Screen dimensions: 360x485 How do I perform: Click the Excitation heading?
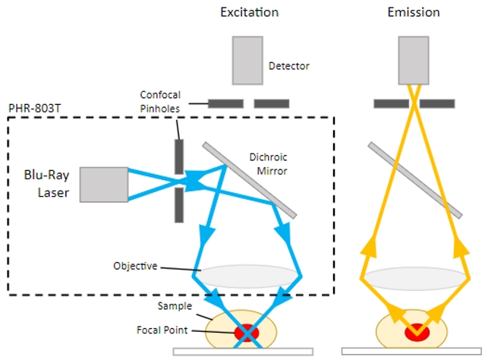tap(249, 12)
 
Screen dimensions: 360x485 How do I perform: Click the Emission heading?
tap(413, 12)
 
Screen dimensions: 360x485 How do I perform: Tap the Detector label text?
tap(289, 66)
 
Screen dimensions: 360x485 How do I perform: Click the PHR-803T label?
tap(33, 109)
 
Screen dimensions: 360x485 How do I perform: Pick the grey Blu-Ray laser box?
tap(103, 185)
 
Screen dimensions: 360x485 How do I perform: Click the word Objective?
tap(135, 266)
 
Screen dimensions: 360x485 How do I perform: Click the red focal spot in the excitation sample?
tap(247, 332)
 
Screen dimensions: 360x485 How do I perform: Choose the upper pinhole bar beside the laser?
tap(179, 155)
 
